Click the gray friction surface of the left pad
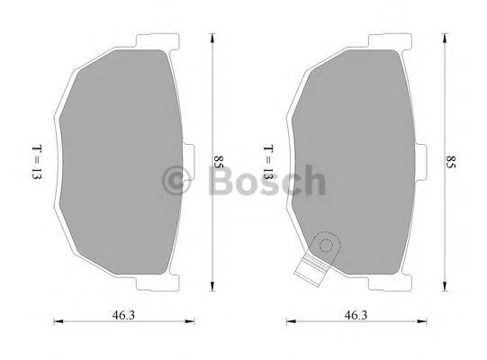[117, 162]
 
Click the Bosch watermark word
[266, 183]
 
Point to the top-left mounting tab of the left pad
[144, 41]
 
